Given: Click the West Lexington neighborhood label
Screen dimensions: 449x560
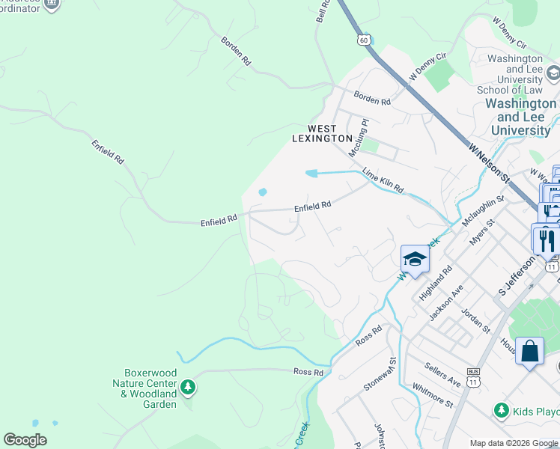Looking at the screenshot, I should point(322,133).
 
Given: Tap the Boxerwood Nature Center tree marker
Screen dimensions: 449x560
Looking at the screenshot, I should point(188,387).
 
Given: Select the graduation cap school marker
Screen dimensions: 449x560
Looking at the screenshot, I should point(415,260).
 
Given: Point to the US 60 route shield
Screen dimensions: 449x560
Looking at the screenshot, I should point(364,40).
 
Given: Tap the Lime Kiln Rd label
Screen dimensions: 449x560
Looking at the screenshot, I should point(383,181).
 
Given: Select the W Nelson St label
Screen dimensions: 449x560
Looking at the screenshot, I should point(489,162).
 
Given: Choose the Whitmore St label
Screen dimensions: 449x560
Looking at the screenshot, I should point(433,396).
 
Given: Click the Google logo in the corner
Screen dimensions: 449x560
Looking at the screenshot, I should point(25,440).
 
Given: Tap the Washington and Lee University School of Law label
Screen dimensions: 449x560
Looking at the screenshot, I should point(515,74).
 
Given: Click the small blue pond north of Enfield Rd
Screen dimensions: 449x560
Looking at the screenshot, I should point(263,192).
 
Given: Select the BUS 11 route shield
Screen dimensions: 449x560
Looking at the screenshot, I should point(472,376).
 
